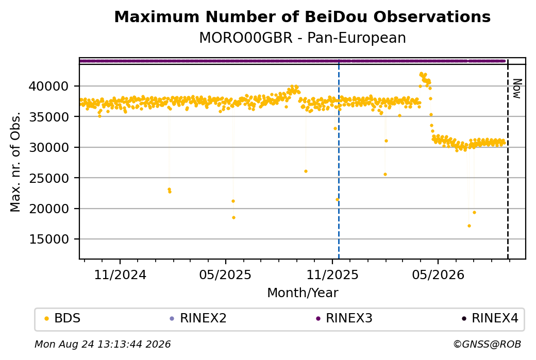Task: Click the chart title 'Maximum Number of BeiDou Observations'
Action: (302, 16)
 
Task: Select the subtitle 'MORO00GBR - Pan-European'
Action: (303, 38)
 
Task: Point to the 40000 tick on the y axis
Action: (48, 86)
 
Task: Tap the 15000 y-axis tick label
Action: (48, 239)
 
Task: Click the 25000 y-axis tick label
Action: (48, 178)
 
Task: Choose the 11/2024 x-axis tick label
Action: (120, 275)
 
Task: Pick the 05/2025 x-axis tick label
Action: (225, 275)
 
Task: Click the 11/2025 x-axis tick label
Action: (332, 275)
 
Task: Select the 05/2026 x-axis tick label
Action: (438, 275)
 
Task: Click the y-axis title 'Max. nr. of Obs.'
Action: (15, 162)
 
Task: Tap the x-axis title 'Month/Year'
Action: (303, 293)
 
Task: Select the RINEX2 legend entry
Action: (198, 318)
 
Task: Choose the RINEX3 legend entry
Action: (344, 318)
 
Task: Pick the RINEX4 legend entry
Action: (490, 318)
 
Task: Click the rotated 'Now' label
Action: (517, 89)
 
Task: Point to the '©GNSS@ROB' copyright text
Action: (487, 344)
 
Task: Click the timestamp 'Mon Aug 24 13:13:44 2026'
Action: (103, 344)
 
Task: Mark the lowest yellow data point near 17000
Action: (469, 226)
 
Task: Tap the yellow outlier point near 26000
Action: (306, 171)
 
